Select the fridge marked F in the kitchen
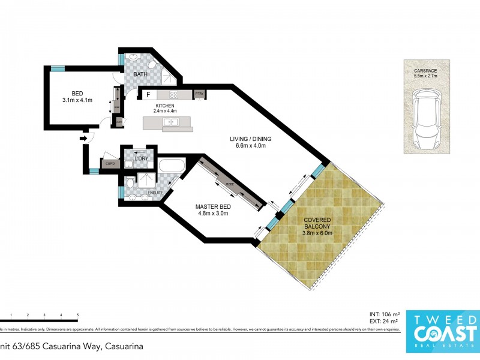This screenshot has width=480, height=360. tap(148, 94)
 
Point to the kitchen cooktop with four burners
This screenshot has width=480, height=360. tap(173, 95)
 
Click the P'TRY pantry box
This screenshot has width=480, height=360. tap(199, 94)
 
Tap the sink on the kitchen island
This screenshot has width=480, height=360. tap(170, 122)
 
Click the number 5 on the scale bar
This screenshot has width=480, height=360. tap(77, 315)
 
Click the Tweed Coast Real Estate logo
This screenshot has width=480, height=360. tap(443, 326)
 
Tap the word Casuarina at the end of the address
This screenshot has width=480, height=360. tap(124, 346)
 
